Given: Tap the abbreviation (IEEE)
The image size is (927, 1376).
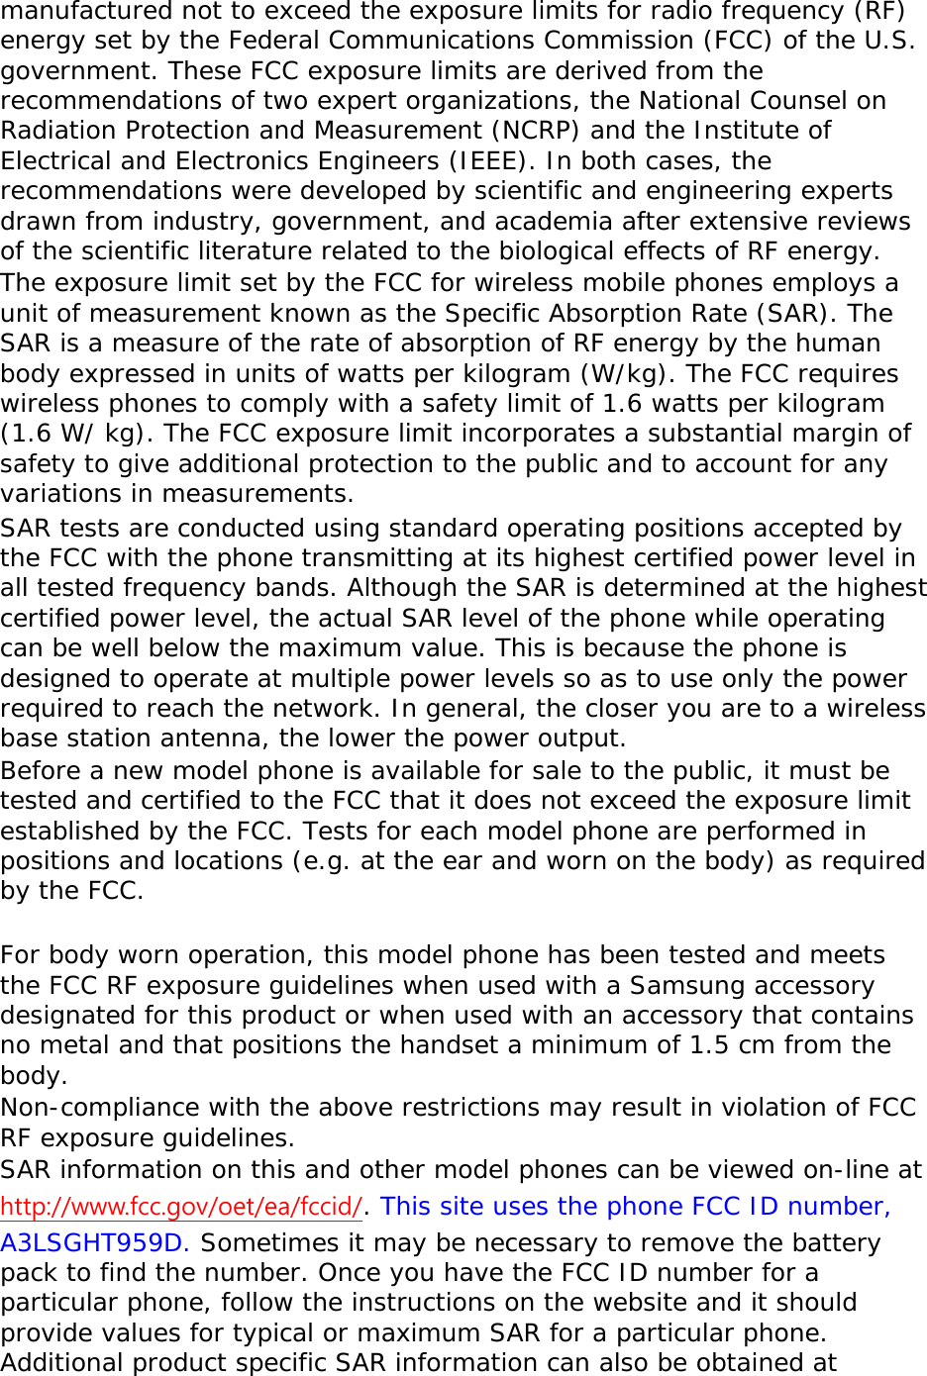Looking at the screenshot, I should click(x=485, y=160).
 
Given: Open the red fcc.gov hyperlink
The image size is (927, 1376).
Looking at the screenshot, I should click(x=181, y=1207).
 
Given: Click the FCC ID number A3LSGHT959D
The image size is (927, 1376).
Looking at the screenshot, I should click(x=96, y=1242).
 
